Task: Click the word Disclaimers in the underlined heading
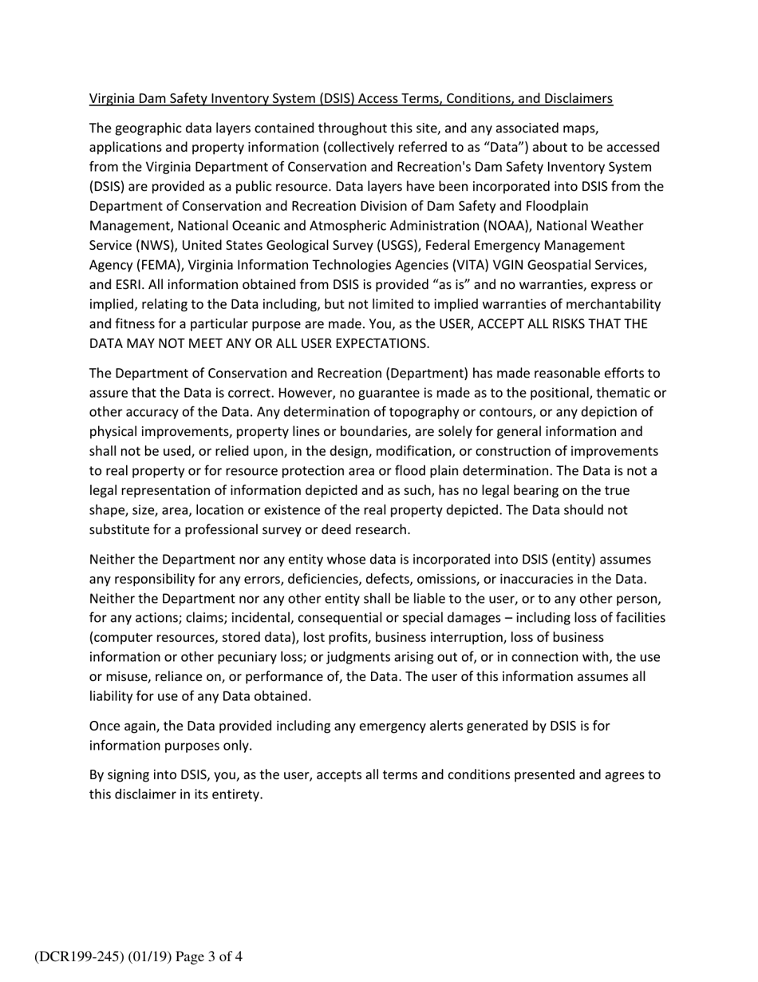point(578,98)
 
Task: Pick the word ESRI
point(131,284)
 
